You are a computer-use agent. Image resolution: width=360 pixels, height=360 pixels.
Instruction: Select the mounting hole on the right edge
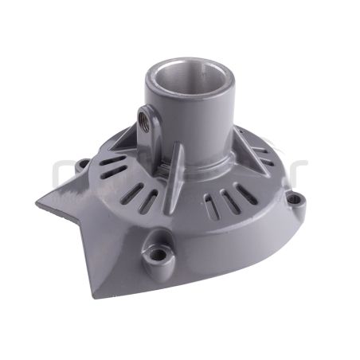click(x=295, y=199)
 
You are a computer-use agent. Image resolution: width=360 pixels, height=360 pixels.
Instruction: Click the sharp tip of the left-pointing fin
click(x=37, y=204)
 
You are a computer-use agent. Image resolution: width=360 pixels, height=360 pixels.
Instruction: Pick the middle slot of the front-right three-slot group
click(x=227, y=202)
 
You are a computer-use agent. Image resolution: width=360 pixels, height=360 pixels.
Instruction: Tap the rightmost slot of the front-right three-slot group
click(x=245, y=196)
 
